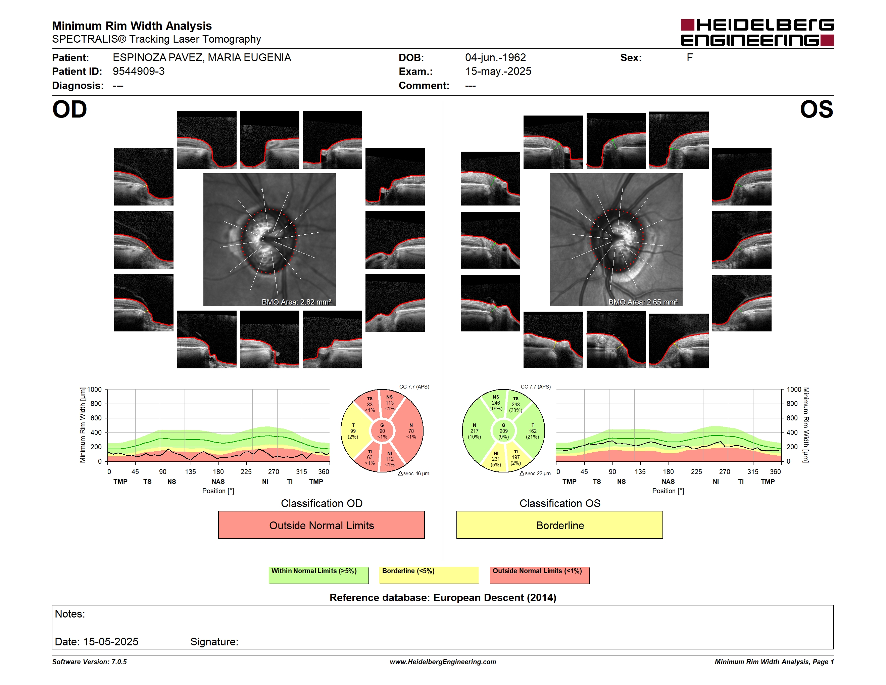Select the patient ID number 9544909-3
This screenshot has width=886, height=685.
coord(138,72)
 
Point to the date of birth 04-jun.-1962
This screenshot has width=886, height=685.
coord(495,58)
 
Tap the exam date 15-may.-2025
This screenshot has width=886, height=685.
coord(498,72)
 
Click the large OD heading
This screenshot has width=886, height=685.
coord(69,109)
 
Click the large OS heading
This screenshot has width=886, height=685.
coord(816,109)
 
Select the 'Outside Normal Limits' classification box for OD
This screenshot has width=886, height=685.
coord(321,525)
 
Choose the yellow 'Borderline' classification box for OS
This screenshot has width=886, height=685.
coord(559,525)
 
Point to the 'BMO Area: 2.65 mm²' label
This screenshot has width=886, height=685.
coord(643,302)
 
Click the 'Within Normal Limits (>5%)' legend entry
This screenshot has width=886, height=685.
coord(318,575)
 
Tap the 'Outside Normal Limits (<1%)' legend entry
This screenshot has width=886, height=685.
coord(540,575)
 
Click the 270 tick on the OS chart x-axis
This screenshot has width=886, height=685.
coord(725,471)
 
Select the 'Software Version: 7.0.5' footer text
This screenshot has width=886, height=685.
coord(89,662)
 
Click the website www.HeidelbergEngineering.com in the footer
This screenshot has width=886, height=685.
coord(443,662)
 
